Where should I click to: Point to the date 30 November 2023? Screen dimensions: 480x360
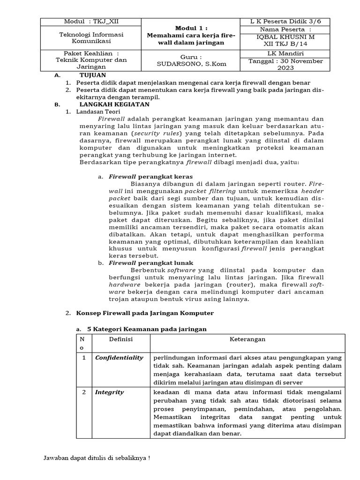pos(286,65)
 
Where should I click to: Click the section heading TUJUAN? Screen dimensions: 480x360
pos(92,75)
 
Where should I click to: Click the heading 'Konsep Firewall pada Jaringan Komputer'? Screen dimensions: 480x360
pos(145,313)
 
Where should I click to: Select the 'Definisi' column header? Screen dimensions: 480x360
pos(121,339)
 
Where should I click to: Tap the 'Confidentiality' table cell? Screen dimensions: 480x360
pos(119,358)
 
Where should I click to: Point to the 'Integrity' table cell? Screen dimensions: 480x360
pos(110,392)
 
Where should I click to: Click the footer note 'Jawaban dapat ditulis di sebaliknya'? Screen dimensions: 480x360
pos(97,458)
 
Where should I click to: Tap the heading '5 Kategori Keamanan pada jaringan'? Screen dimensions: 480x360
pos(147,330)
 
